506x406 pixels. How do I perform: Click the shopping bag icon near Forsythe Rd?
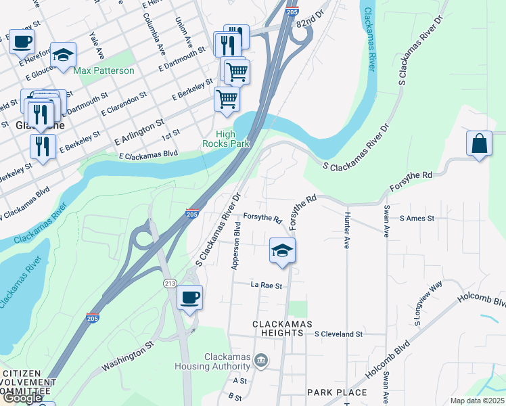[479, 144]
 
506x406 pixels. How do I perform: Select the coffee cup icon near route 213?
[189, 298]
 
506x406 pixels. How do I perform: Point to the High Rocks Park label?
[226, 139]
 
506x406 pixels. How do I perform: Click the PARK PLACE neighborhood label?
[336, 392]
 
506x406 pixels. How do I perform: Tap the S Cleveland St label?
[339, 334]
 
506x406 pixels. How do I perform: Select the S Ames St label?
[417, 219]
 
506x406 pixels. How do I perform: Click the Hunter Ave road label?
[346, 230]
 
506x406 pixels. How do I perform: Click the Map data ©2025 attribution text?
[477, 401]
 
